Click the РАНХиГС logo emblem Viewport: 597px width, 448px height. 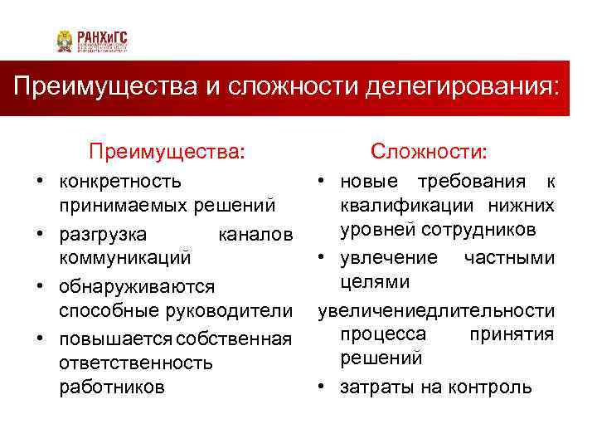tap(65, 41)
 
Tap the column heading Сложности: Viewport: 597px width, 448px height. tap(430, 152)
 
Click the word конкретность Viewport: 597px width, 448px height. tap(120, 181)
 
